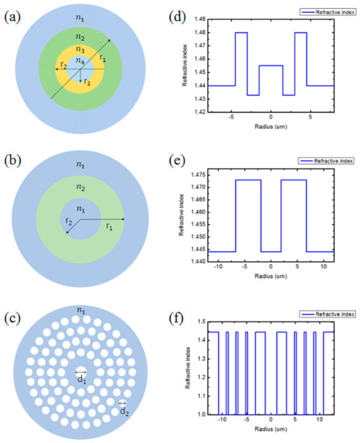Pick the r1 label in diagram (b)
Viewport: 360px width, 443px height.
click(109, 227)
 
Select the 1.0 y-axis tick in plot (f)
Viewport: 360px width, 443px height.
click(205, 413)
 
